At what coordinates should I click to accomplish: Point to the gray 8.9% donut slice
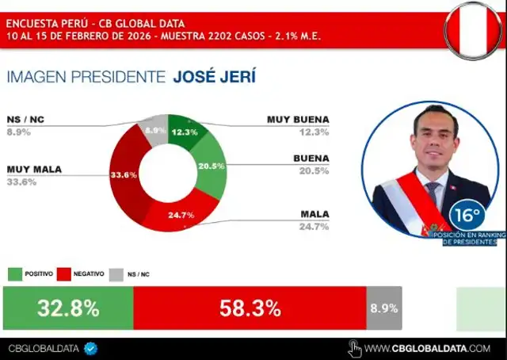[x=154, y=130]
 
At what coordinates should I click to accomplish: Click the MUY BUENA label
[x=297, y=120]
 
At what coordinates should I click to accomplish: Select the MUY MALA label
[x=34, y=169]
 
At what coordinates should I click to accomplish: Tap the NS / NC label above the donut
[x=26, y=120]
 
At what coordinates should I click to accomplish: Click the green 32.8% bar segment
[x=68, y=308]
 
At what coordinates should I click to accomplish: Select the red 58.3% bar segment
[x=249, y=308]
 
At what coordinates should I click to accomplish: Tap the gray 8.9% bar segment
[x=383, y=308]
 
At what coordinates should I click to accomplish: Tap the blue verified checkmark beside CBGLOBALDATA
[x=90, y=348]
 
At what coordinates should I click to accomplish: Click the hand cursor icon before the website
[x=356, y=348]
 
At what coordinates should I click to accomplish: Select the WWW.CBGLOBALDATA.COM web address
[x=428, y=348]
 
